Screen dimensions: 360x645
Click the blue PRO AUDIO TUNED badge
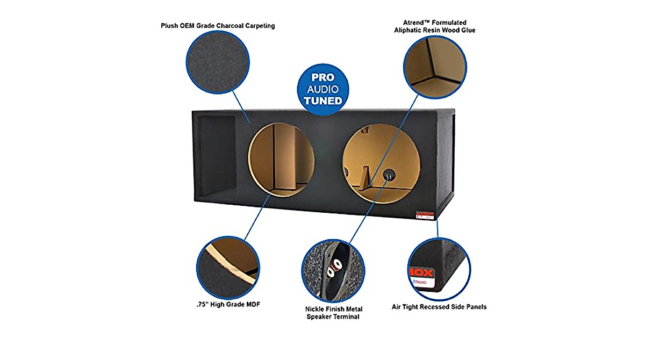324,88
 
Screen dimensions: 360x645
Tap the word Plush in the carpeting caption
170,26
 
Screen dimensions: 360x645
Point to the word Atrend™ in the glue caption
417,23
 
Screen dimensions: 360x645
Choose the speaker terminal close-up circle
334,271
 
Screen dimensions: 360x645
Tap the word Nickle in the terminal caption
316,309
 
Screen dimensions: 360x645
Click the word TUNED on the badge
324,100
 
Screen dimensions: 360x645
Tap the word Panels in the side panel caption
475,307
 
